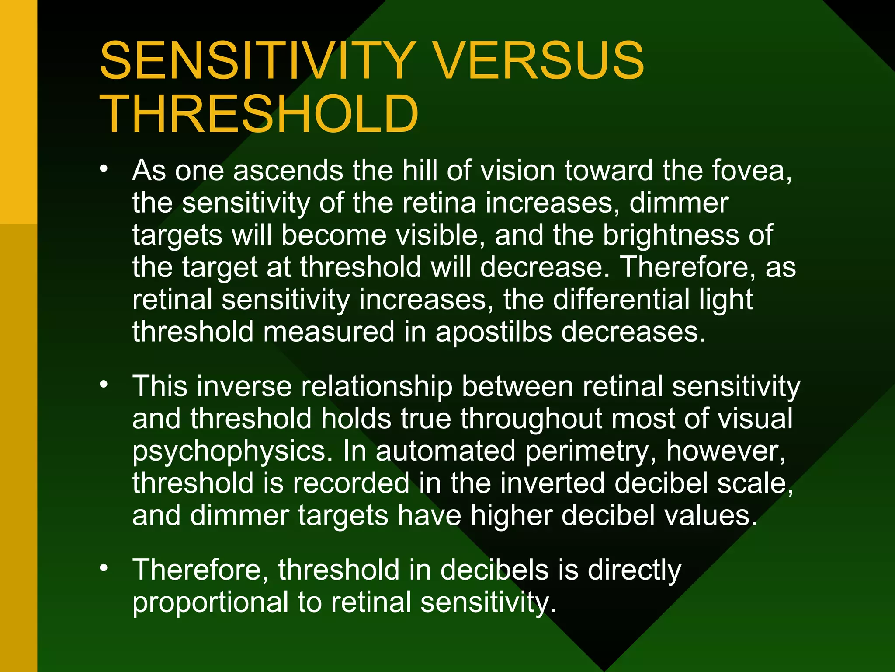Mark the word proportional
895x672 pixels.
click(210, 603)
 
